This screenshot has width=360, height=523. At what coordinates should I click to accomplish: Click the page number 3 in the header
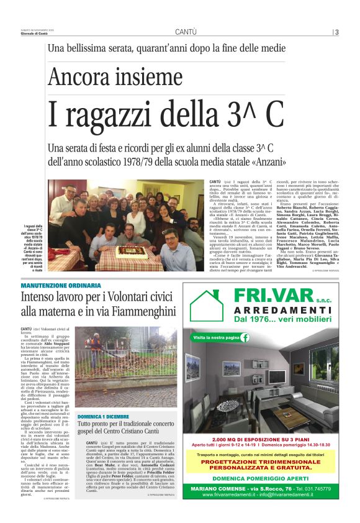tap(336, 32)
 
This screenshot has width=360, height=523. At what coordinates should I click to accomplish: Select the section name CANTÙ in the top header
tap(186, 32)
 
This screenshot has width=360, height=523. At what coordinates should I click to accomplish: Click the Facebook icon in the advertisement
tap(245, 337)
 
